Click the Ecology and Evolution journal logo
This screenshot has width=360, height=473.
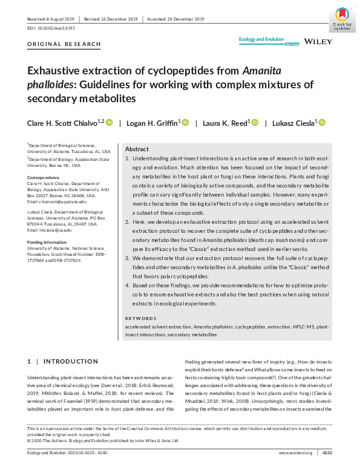point(261,39)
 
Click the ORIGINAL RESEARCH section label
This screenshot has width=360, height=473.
point(64,45)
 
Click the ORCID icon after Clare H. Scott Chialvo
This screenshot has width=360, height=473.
point(110,123)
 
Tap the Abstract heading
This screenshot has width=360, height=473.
point(137,149)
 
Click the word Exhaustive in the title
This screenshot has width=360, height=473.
point(55,71)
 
